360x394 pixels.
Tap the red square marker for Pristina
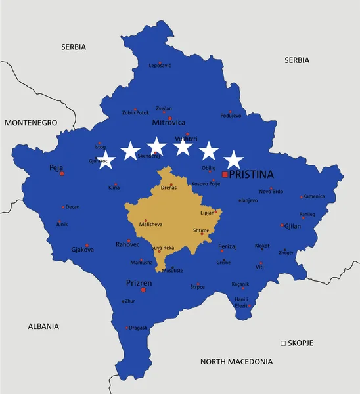(x=225, y=175)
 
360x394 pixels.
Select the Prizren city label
(x=139, y=283)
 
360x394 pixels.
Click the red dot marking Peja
(x=62, y=174)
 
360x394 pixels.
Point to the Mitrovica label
(x=169, y=122)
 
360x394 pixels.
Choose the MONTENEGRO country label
(x=30, y=123)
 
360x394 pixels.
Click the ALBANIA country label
(x=43, y=326)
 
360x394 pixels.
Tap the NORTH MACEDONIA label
(x=236, y=361)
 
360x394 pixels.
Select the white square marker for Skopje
(x=283, y=343)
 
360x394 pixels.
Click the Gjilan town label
(x=292, y=226)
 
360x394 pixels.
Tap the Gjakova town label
(x=83, y=250)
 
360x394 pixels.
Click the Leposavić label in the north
(x=160, y=66)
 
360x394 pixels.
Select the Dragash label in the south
(x=138, y=327)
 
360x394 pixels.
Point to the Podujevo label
(x=231, y=116)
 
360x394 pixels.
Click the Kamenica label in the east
(x=314, y=196)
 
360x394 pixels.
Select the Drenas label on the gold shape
(x=169, y=188)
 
